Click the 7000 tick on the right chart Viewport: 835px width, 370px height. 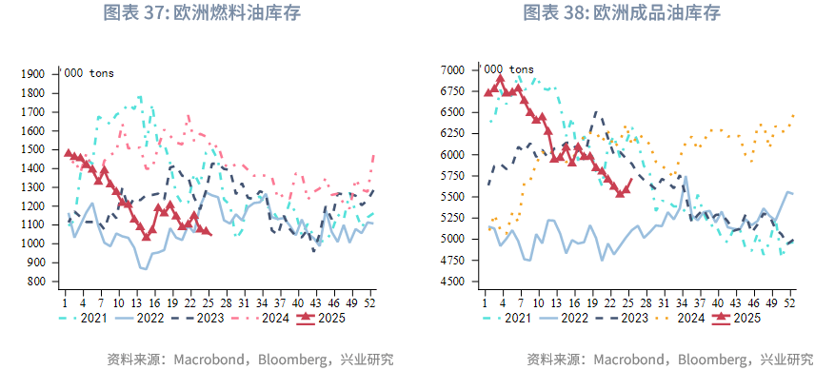(451, 70)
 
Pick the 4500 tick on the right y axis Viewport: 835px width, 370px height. (451, 282)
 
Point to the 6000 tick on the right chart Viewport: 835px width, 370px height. (451, 155)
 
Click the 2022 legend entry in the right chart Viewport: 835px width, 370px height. (573, 318)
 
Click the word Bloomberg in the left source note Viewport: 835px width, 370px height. (284, 360)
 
